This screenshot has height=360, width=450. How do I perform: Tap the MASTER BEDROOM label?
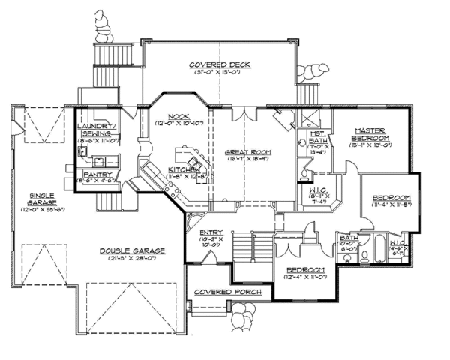370,134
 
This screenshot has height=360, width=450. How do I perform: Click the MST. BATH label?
319,139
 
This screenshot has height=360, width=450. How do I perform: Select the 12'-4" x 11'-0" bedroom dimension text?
304,278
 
